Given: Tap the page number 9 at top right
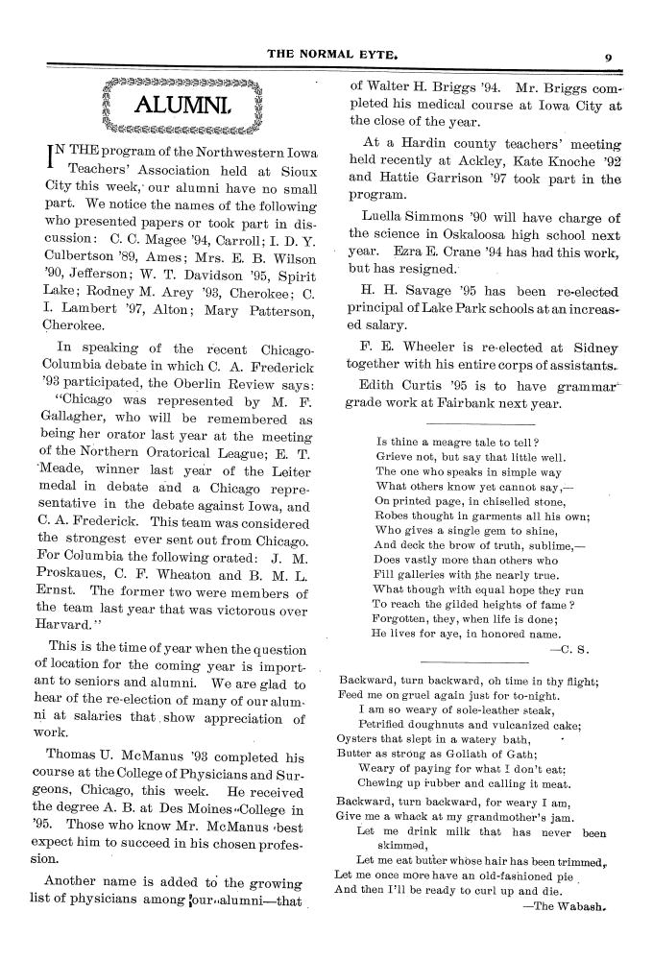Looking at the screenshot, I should pyautogui.click(x=609, y=56).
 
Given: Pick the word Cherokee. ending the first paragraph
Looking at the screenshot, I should pyautogui.click(x=68, y=324).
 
